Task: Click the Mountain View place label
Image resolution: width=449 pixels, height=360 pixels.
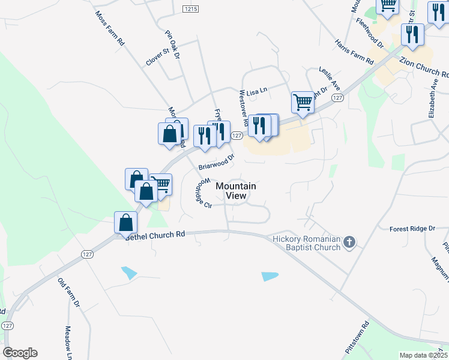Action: [235, 191]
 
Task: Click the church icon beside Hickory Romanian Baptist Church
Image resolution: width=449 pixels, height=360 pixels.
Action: [349, 243]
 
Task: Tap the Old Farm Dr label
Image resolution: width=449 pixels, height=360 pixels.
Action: [69, 292]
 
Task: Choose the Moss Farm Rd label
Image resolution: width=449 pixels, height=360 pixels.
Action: [110, 28]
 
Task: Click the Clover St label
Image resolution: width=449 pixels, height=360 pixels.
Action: [158, 54]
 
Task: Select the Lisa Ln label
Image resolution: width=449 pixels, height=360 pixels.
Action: [256, 88]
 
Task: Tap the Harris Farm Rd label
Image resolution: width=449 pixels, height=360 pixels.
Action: [354, 52]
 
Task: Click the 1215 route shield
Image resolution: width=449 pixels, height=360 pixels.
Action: [191, 8]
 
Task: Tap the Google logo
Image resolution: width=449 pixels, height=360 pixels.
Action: [20, 353]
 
